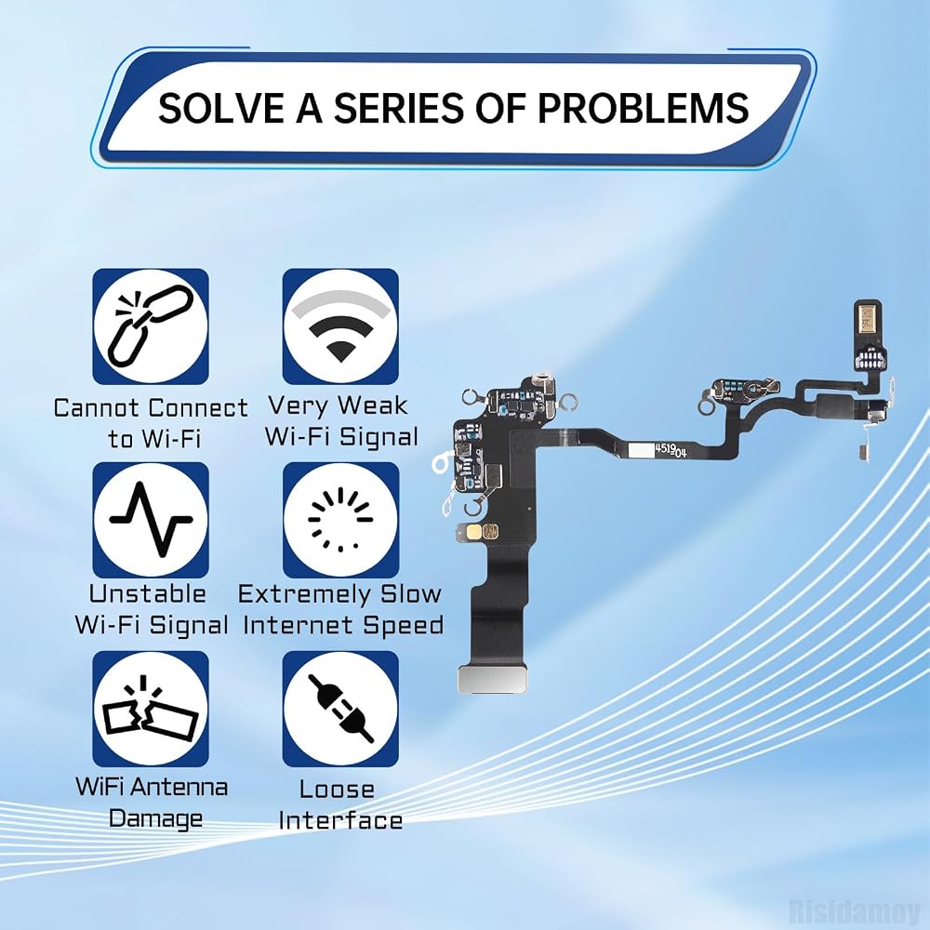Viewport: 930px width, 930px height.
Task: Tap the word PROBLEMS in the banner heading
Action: (643, 108)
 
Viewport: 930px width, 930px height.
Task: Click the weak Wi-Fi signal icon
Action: (340, 326)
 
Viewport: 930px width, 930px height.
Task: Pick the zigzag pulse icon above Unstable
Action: (151, 520)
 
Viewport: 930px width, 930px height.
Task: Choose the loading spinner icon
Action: (340, 520)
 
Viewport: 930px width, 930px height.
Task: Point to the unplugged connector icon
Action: (340, 709)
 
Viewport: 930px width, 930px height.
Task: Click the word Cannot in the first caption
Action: (97, 408)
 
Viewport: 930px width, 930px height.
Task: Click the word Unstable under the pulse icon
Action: (148, 593)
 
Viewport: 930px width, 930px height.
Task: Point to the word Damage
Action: (155, 819)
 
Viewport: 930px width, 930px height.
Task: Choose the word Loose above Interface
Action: (337, 790)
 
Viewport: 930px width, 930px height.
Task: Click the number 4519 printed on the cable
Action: (665, 449)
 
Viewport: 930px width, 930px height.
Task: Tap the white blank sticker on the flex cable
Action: (640, 449)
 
